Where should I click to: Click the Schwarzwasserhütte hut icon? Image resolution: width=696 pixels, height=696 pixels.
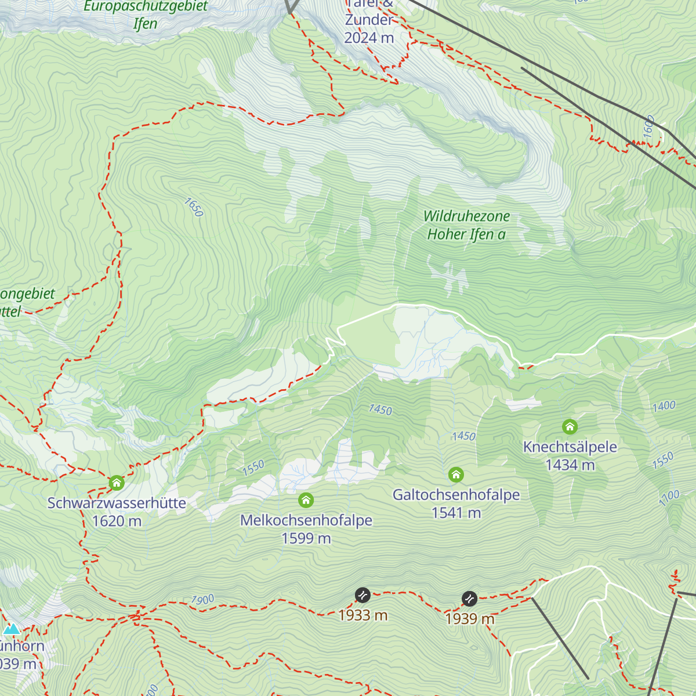(x=117, y=483)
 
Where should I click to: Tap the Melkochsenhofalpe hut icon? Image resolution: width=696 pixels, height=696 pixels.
(x=306, y=500)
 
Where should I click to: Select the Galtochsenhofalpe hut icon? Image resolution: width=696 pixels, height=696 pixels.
(x=456, y=475)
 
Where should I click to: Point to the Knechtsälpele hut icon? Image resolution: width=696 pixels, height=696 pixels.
(x=570, y=427)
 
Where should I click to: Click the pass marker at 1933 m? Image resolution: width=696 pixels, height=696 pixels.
(x=362, y=595)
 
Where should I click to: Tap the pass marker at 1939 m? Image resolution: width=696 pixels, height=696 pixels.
(x=469, y=599)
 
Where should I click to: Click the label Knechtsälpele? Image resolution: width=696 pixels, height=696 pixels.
(x=570, y=447)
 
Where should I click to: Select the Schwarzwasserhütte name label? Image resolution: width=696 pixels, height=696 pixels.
(x=117, y=503)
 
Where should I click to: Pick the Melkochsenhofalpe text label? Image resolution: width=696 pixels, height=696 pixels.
(x=306, y=520)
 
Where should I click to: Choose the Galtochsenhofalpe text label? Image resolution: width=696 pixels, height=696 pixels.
(x=456, y=495)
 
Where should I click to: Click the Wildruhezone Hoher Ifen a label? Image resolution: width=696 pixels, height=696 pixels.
(x=466, y=225)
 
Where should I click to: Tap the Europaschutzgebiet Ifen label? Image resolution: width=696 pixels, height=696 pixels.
(x=146, y=14)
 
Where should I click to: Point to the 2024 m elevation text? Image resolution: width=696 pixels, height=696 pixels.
(x=369, y=38)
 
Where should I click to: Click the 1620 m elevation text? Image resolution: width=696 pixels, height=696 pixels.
(x=117, y=521)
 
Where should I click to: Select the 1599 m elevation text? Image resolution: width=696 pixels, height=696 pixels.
(x=306, y=539)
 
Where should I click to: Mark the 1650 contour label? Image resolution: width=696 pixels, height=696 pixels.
(x=194, y=207)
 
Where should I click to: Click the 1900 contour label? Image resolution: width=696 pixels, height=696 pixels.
(x=202, y=600)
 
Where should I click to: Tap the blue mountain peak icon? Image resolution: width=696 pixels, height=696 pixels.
(x=11, y=629)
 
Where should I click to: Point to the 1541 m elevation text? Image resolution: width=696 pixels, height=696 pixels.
(x=456, y=513)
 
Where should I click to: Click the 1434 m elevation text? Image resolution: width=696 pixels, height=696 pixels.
(x=570, y=465)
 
